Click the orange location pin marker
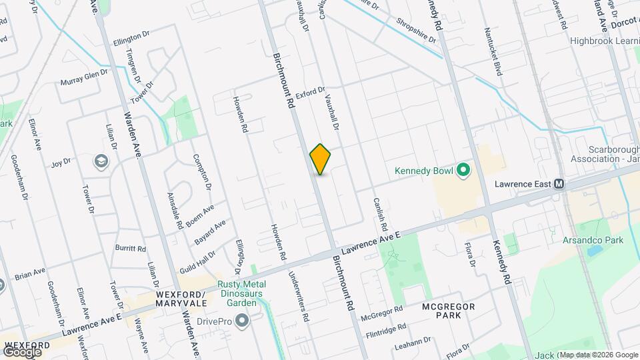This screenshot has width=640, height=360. (x=321, y=159)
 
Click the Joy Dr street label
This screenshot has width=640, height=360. (x=61, y=162)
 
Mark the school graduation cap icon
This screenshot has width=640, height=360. (x=101, y=161)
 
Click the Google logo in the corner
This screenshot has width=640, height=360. (x=22, y=351)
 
